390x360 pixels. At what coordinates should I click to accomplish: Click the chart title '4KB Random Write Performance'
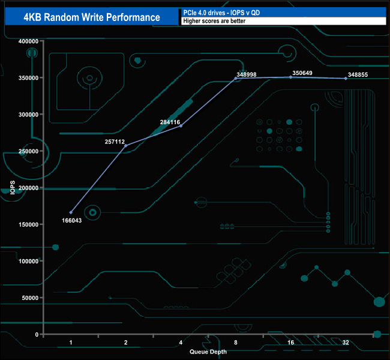point(91,17)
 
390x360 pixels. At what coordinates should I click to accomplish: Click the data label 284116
point(171,122)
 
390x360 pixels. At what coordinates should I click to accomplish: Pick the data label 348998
point(247,75)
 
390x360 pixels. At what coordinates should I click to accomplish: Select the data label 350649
point(302,73)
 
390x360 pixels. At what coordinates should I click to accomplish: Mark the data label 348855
point(358,75)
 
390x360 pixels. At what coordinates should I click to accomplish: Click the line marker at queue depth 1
point(71,212)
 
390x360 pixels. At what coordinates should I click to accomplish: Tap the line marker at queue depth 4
point(181,126)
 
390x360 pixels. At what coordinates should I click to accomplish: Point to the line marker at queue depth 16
point(291,77)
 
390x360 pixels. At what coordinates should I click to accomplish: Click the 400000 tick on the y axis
point(29,41)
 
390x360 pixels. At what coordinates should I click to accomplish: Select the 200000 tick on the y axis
point(29,188)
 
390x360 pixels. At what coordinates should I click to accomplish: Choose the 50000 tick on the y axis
point(30,298)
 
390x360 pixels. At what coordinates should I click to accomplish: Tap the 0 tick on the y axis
point(37,334)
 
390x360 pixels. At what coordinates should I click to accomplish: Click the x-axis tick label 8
point(236,343)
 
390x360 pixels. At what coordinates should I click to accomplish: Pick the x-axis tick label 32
point(346,343)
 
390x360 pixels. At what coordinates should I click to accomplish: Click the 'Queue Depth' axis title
point(208,352)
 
